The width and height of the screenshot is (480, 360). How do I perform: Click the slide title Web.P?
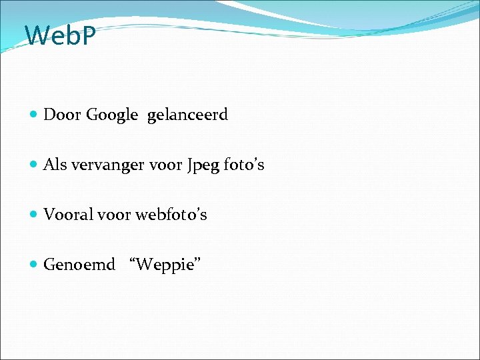(x=61, y=36)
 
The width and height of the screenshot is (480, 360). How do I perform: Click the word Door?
(x=62, y=115)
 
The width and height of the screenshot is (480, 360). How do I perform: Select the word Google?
(x=112, y=115)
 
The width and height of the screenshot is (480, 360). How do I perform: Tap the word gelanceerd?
(x=187, y=115)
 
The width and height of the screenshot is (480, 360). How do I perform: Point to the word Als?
(x=55, y=165)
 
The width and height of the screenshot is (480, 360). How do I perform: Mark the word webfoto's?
(x=171, y=215)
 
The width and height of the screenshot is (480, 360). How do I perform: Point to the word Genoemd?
(x=79, y=265)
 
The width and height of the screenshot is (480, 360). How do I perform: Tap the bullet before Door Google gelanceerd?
(x=34, y=115)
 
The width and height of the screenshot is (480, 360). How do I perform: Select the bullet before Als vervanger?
(x=34, y=165)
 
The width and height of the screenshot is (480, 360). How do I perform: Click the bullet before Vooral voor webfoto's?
(x=34, y=215)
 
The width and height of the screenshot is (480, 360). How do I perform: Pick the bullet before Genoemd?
(x=34, y=265)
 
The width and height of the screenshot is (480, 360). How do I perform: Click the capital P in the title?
(x=89, y=36)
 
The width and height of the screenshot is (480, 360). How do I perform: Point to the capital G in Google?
(x=92, y=115)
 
